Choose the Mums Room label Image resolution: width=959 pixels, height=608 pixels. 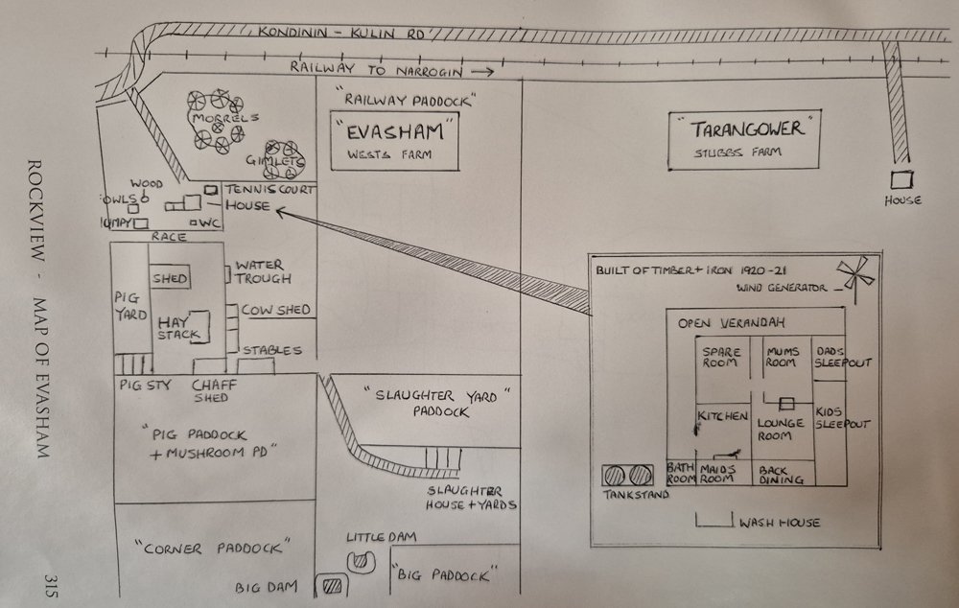click(x=783, y=357)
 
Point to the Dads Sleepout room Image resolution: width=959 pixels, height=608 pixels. click(x=831, y=357)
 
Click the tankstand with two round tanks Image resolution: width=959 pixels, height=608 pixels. click(x=627, y=475)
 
